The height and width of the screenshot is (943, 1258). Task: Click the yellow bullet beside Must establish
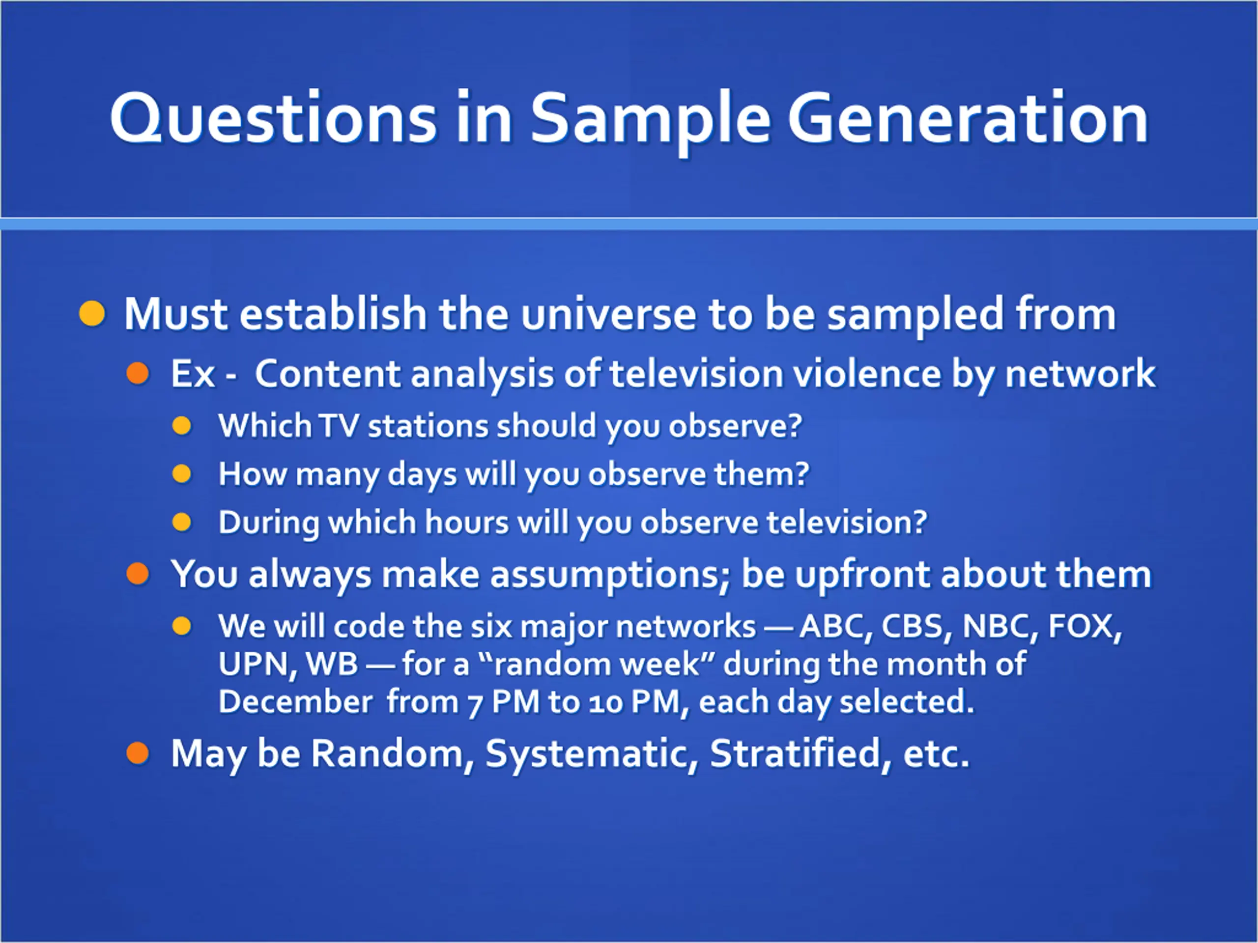point(92,313)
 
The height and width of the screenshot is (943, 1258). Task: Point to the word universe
point(608,314)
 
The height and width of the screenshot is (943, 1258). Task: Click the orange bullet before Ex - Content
point(138,373)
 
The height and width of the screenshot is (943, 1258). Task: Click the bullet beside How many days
point(182,473)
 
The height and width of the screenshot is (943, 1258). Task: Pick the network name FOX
point(1084,626)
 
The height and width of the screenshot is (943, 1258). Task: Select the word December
point(296,701)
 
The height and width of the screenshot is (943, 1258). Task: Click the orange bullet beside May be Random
point(138,754)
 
